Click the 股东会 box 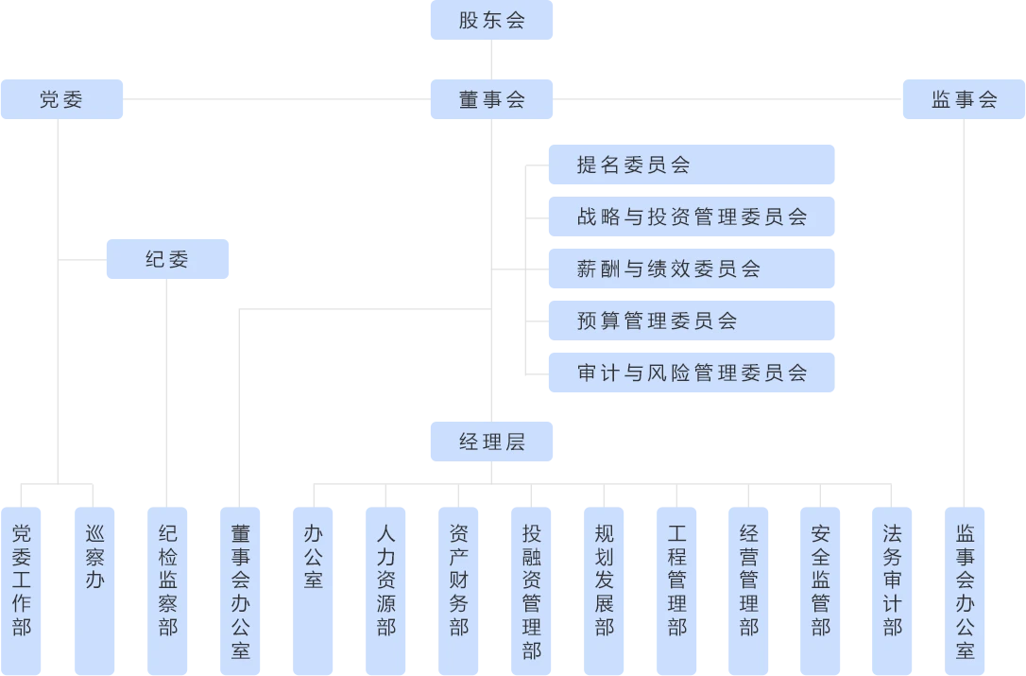point(492,20)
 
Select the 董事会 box point(492,99)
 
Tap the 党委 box point(62,99)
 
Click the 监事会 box point(964,99)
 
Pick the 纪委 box point(168,258)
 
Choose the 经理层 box point(492,442)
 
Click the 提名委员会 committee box point(692,165)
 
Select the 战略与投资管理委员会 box point(692,217)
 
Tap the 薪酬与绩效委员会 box point(692,269)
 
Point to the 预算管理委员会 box point(692,321)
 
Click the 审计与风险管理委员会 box point(692,373)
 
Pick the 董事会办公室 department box point(241,591)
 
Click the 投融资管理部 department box point(532,591)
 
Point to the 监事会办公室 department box point(966,591)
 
